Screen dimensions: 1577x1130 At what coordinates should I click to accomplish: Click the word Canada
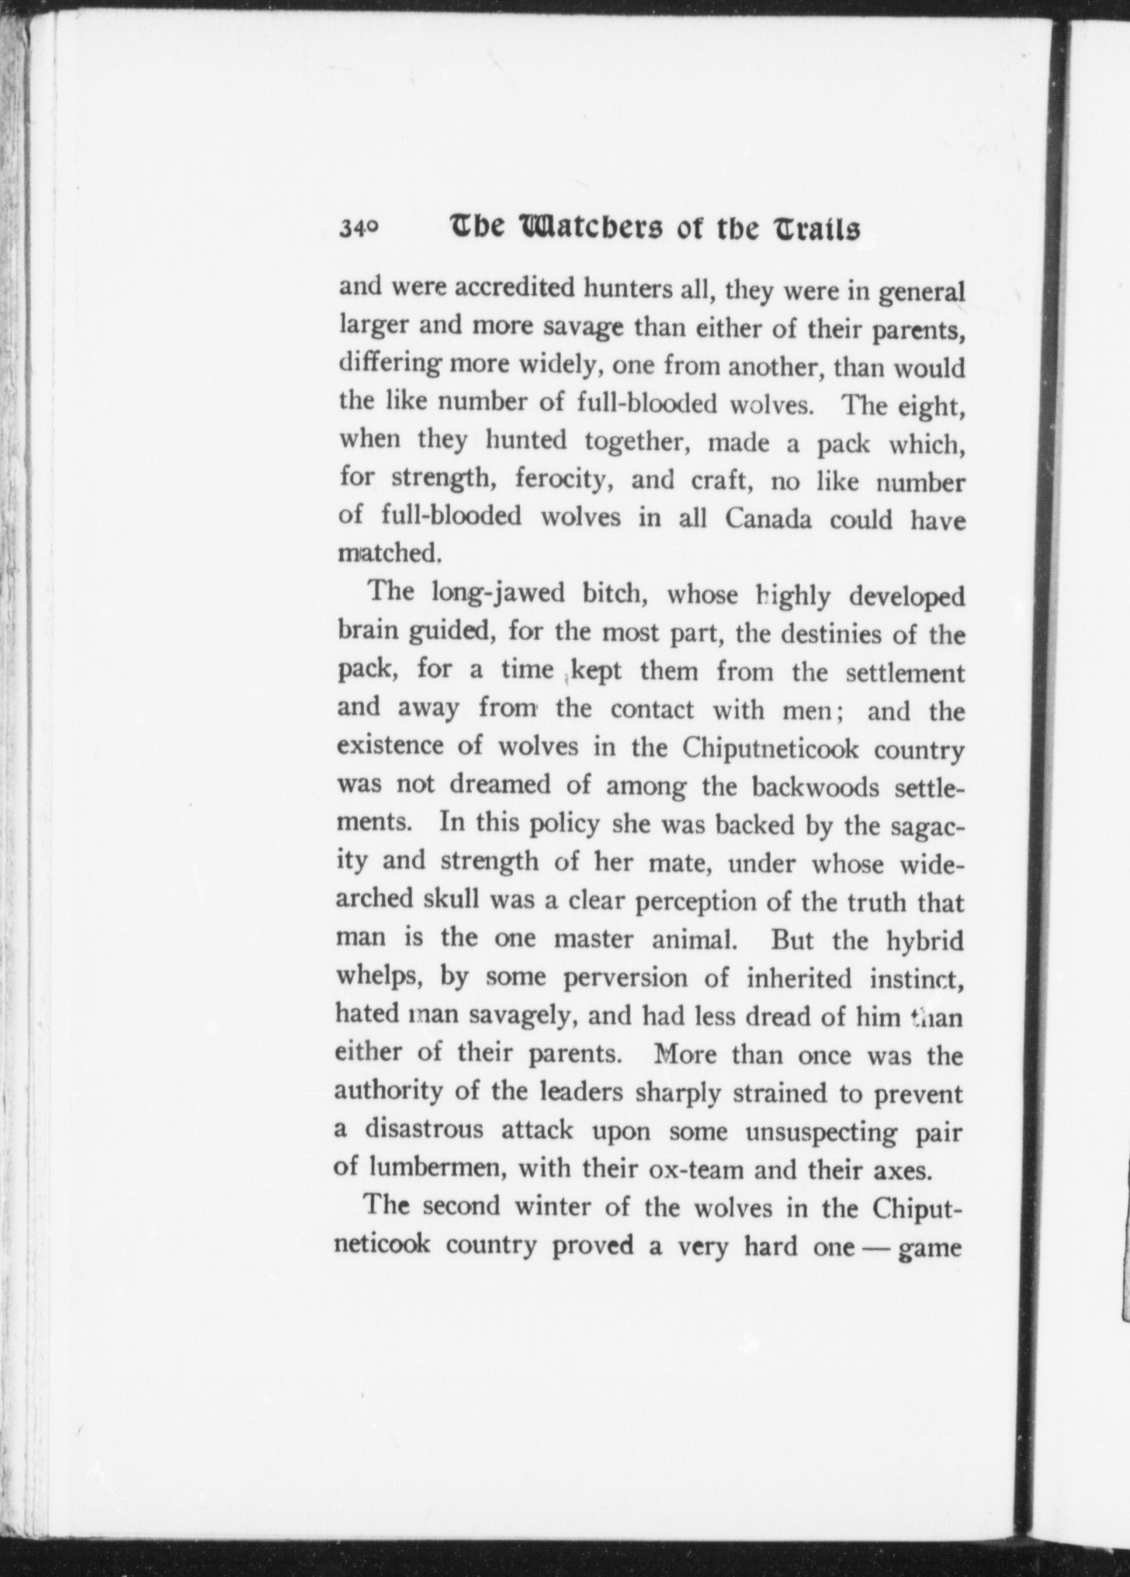768,518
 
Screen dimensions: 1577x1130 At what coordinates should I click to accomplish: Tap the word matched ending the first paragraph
390,554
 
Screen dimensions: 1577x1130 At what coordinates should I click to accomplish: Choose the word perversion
625,978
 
